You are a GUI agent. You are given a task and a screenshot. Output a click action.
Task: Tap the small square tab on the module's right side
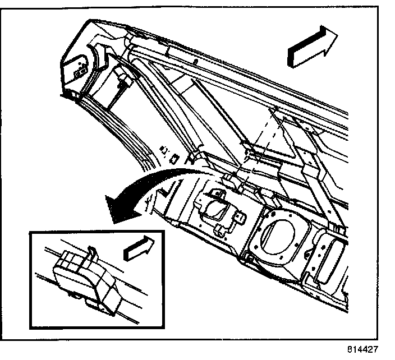pyautogui.click(x=240, y=218)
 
